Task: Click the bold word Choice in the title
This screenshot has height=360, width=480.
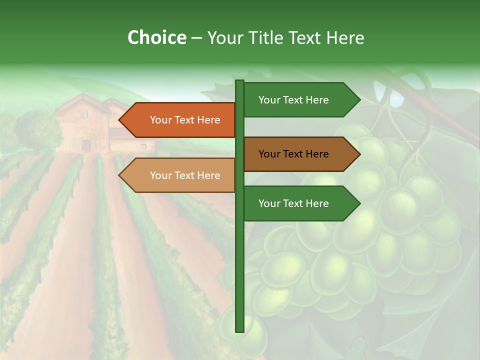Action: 156,37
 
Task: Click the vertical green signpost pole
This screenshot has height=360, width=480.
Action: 239,260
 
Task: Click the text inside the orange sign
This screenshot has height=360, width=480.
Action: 185,120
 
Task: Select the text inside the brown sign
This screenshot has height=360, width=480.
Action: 293,154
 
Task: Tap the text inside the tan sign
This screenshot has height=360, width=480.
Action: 185,175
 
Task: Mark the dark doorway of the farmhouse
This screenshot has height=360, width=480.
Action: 86,145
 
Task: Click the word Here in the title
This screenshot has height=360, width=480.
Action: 345,37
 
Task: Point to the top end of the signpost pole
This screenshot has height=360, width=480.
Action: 239,81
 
